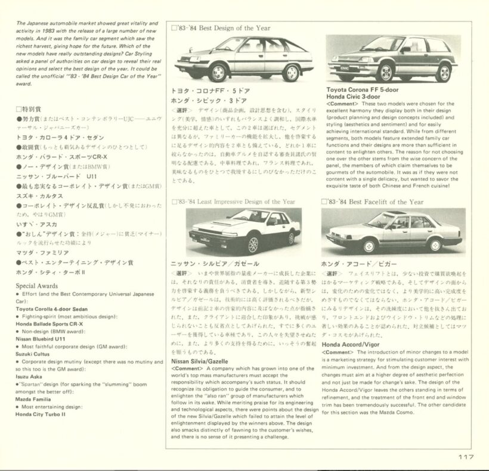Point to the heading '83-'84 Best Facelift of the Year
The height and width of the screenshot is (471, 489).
click(376, 202)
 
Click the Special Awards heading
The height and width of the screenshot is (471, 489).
click(37, 286)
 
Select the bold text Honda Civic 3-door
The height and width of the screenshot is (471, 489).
click(354, 97)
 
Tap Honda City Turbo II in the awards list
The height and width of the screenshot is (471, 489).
click(41, 413)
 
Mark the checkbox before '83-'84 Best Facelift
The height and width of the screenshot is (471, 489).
click(324, 202)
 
